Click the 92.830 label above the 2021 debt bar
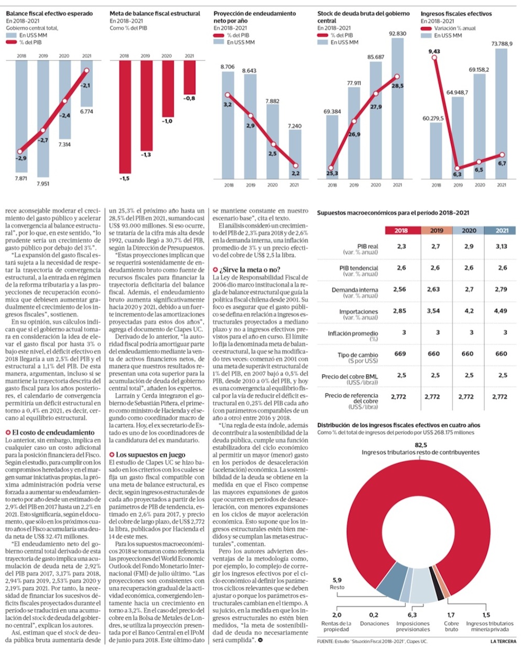397,34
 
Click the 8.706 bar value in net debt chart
227,67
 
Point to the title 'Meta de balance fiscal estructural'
155,14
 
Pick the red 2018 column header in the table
401,230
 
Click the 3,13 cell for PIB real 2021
501,246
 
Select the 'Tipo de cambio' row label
358,355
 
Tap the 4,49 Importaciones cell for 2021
501,311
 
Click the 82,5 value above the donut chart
420,445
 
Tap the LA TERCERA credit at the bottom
503,642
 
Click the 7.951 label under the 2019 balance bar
43,184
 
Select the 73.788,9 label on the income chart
501,44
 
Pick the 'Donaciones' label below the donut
374,624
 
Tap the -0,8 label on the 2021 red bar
189,99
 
